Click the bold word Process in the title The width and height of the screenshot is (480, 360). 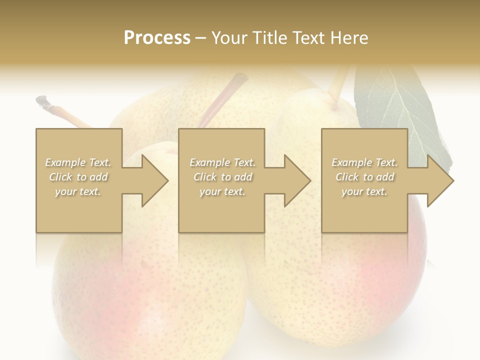pos(157,37)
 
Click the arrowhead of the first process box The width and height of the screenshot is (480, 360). pos(155,180)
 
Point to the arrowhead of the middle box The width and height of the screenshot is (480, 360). pos(297,180)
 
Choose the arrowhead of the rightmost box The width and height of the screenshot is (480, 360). pos(440,180)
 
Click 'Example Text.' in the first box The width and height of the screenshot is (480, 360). pos(78,162)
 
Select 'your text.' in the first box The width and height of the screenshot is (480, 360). pos(78,191)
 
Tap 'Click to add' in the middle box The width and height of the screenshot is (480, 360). pos(222,177)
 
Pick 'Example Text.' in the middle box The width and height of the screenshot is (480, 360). pos(222,162)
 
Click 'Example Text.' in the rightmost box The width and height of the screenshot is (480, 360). pos(364,162)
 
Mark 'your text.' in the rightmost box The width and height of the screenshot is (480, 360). pos(364,191)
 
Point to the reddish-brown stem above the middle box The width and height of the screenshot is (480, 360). pos(225,97)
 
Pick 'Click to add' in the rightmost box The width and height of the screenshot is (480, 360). pos(364,177)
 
